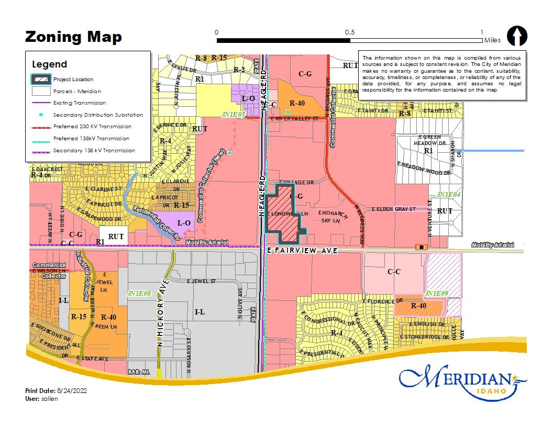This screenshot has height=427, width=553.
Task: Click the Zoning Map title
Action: point(73,37)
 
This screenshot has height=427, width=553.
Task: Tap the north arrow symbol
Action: point(517,36)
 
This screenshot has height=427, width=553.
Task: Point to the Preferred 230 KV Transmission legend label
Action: point(92,127)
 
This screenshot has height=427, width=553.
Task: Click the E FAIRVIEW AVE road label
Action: point(302,251)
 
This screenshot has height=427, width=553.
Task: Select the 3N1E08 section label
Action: point(139,294)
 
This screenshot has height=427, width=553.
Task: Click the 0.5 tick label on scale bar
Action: point(349,32)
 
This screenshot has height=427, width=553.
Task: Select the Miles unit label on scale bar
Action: point(492,40)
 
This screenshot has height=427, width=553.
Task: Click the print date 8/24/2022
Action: point(73,391)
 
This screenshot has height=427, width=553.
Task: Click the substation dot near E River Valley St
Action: point(287,112)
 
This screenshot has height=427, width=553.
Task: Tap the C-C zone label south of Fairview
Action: point(394,272)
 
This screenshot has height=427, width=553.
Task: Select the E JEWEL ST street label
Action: point(202,281)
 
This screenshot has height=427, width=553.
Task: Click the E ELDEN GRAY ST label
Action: point(393,209)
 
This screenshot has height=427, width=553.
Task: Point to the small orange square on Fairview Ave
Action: point(420,246)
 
